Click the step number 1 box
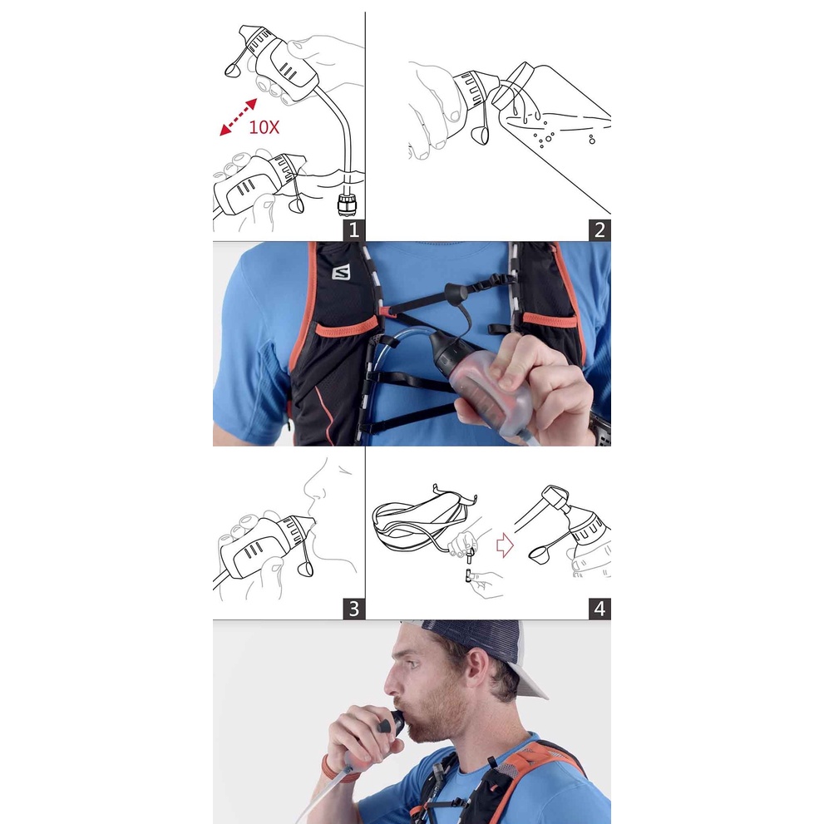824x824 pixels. point(353,230)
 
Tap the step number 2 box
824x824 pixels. point(599,230)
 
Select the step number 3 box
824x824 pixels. point(353,609)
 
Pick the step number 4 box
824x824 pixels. point(599,609)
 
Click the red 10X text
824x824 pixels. point(264,127)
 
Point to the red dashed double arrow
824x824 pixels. point(238,117)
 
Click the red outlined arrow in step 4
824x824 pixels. point(505,545)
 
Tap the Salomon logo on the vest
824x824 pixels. point(341,274)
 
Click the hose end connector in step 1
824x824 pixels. point(347,203)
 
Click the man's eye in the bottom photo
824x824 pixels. point(414,664)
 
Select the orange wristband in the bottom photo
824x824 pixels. point(331,769)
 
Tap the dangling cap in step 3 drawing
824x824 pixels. point(305,569)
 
